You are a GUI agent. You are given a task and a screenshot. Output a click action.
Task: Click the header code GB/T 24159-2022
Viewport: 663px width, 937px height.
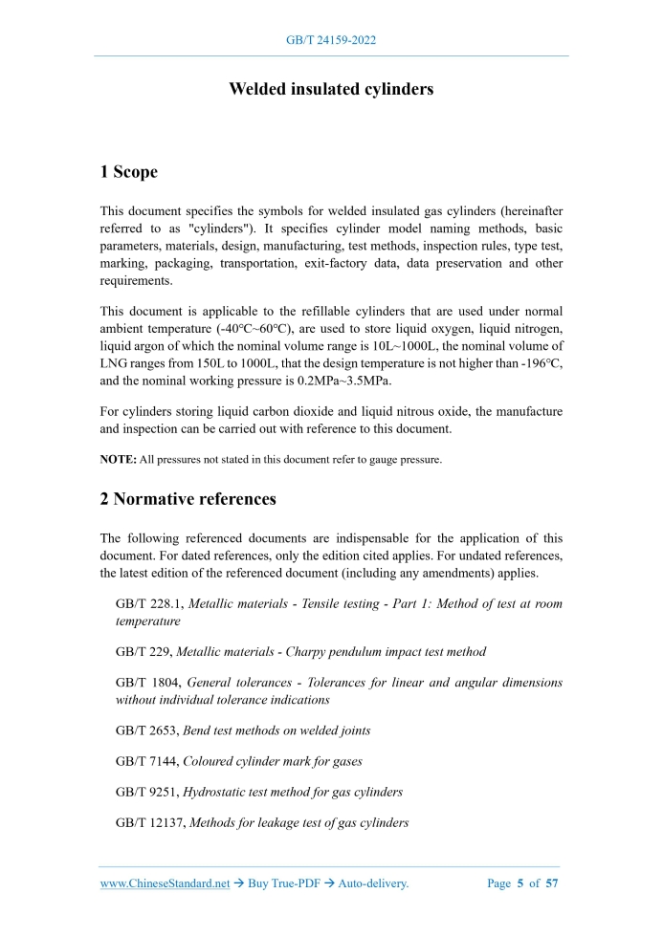click(331, 41)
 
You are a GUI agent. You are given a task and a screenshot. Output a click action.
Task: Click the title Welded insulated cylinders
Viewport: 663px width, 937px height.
click(331, 89)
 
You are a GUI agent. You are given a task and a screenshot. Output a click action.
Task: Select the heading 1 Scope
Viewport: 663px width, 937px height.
click(129, 172)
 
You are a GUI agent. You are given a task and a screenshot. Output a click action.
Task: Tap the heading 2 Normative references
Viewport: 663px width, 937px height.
click(188, 498)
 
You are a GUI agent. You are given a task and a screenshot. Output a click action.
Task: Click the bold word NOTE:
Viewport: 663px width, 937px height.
click(119, 460)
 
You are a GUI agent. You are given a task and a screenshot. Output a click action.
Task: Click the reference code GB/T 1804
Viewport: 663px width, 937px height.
click(147, 683)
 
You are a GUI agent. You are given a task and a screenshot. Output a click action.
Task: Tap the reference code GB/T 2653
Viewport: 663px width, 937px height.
click(147, 730)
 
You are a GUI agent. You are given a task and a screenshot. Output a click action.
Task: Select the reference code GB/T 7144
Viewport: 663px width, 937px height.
click(147, 761)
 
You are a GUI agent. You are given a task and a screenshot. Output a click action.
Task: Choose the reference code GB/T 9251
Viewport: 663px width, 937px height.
click(147, 792)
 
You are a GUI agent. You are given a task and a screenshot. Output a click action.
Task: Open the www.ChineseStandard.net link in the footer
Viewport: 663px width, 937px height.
click(165, 883)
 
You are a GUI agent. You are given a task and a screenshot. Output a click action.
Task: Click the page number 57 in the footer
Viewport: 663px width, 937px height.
click(552, 883)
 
